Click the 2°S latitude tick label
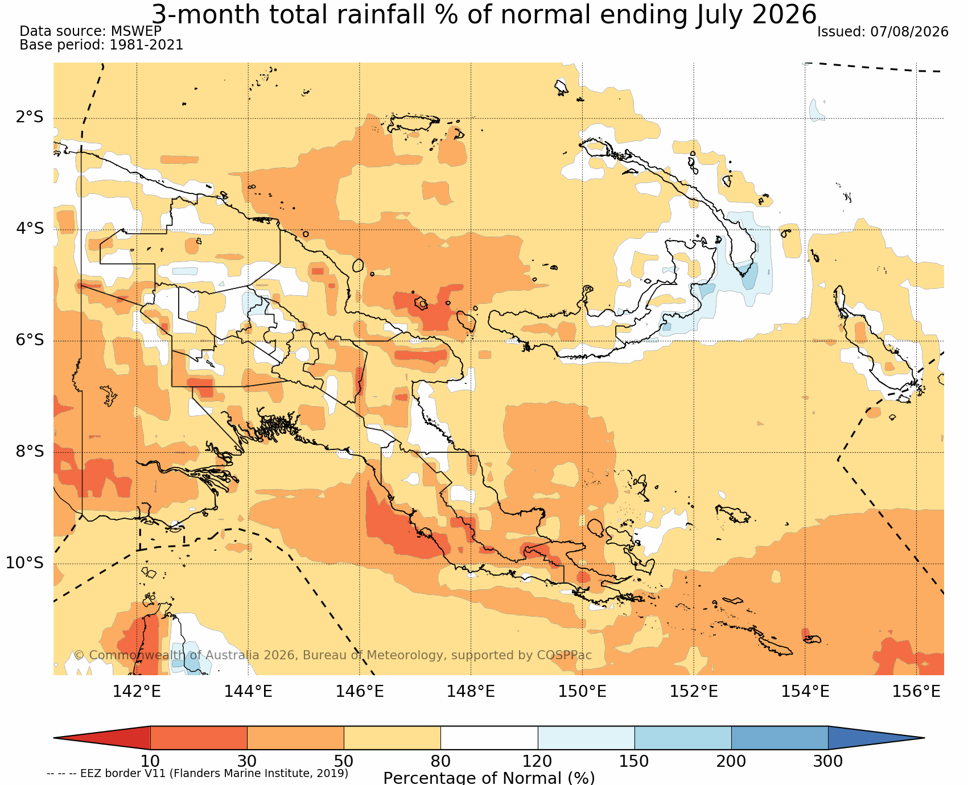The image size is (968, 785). tap(30, 118)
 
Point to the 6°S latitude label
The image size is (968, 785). tap(30, 340)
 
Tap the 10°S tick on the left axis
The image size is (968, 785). tap(25, 563)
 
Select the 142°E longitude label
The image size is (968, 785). tap(137, 691)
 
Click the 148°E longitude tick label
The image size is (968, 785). tap(471, 691)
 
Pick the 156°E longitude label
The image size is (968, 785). tap(916, 691)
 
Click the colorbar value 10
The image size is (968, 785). tap(150, 761)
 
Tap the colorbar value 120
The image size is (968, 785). tap(538, 761)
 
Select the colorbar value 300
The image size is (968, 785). tap(828, 761)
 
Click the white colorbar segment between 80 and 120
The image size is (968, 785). tap(489, 738)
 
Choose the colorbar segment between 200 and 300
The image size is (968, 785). tap(780, 738)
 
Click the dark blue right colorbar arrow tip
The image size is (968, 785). tap(924, 738)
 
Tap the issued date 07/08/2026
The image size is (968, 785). tap(909, 32)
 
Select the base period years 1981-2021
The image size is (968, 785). tap(146, 45)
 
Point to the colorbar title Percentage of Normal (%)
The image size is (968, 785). tap(489, 778)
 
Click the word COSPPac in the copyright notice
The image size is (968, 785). tap(564, 655)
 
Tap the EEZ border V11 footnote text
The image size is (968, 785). tap(197, 774)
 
